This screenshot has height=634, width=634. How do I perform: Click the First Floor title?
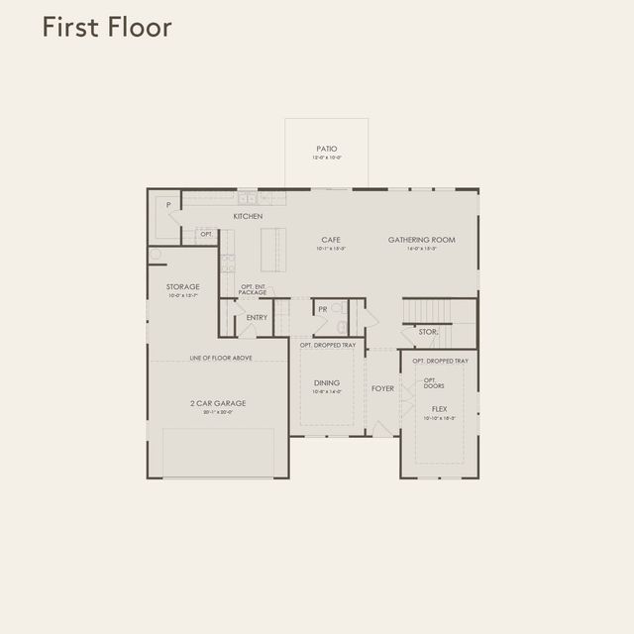107,28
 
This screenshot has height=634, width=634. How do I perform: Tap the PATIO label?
327,149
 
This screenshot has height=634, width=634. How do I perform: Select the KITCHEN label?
248,216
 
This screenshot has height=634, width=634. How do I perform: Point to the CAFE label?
331,239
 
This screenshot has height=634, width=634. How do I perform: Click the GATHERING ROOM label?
421,239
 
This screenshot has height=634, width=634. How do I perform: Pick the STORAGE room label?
182,286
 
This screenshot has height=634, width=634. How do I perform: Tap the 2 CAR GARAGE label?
218,403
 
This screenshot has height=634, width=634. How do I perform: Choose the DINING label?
327,382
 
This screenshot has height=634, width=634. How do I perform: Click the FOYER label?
382,388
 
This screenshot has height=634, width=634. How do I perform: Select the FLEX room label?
439,408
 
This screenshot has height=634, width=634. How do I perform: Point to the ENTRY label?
258,317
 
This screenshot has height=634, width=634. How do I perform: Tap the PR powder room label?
323,309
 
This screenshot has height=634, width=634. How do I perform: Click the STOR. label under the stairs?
428,332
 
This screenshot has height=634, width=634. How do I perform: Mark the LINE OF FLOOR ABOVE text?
220,357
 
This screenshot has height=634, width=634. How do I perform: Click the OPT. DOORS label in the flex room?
431,382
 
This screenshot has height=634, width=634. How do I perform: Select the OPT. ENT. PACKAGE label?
253,290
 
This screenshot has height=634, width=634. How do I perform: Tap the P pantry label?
169,205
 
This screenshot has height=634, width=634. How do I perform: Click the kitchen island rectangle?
273,250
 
